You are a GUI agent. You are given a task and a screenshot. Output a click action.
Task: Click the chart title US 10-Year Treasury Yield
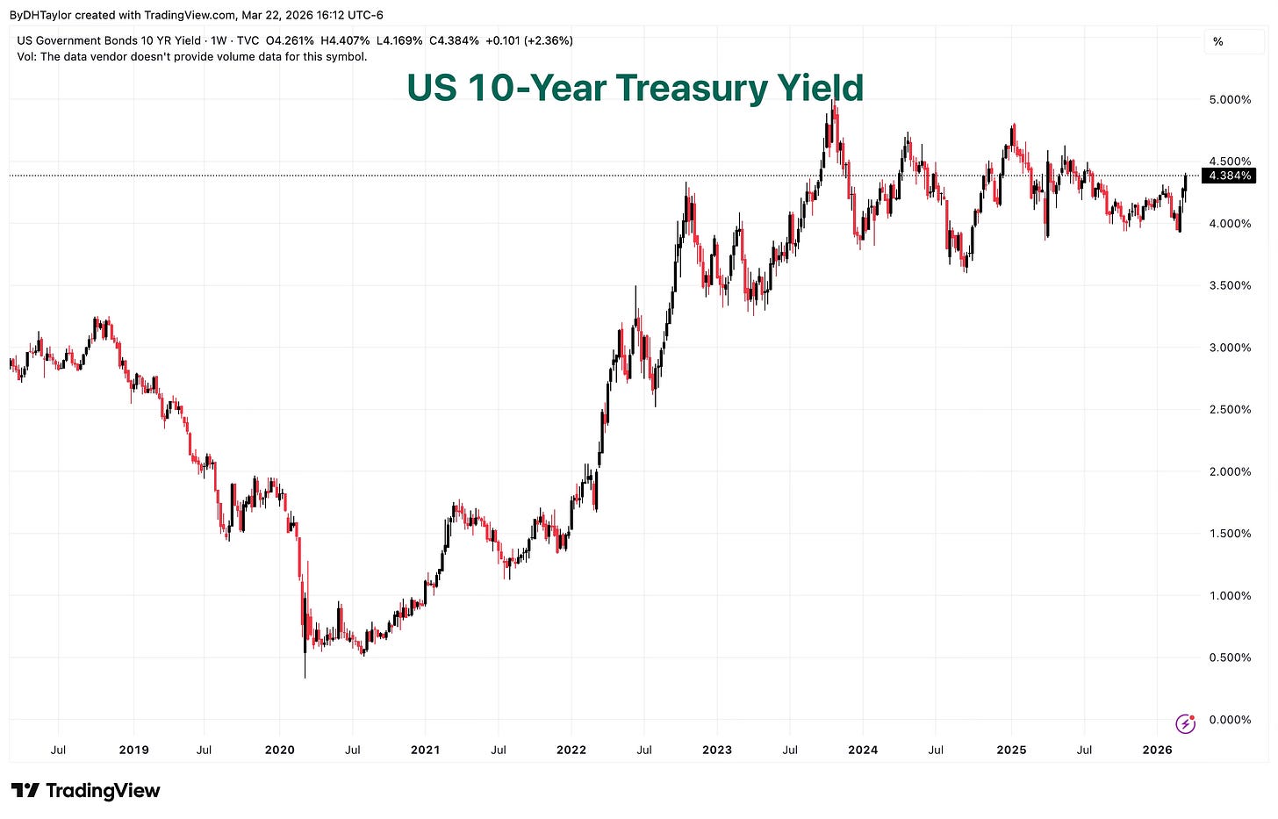tap(635, 88)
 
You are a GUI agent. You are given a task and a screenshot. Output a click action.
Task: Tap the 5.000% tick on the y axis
tap(1230, 100)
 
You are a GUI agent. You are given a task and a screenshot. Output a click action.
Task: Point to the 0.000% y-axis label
tap(1230, 720)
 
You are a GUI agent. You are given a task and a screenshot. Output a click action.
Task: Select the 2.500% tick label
tap(1230, 410)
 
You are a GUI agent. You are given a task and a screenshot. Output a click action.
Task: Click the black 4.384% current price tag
tap(1230, 176)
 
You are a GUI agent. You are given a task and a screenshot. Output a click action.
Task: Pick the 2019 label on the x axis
tap(133, 750)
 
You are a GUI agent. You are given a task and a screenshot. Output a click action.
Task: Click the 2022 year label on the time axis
tap(571, 750)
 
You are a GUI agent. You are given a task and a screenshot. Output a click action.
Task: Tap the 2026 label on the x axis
tap(1157, 750)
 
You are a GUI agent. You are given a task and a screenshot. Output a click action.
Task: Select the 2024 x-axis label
tap(863, 750)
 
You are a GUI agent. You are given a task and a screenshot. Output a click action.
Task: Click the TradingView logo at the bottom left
tap(85, 790)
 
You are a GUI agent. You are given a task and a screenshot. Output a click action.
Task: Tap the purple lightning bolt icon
tap(1185, 723)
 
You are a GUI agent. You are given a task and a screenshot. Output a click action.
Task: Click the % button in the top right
tap(1217, 42)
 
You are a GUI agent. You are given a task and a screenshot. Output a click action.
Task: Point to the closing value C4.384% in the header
tap(453, 40)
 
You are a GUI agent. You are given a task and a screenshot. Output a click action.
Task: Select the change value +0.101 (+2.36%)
tap(528, 40)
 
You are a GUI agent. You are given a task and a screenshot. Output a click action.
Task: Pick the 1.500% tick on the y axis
tap(1230, 534)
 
